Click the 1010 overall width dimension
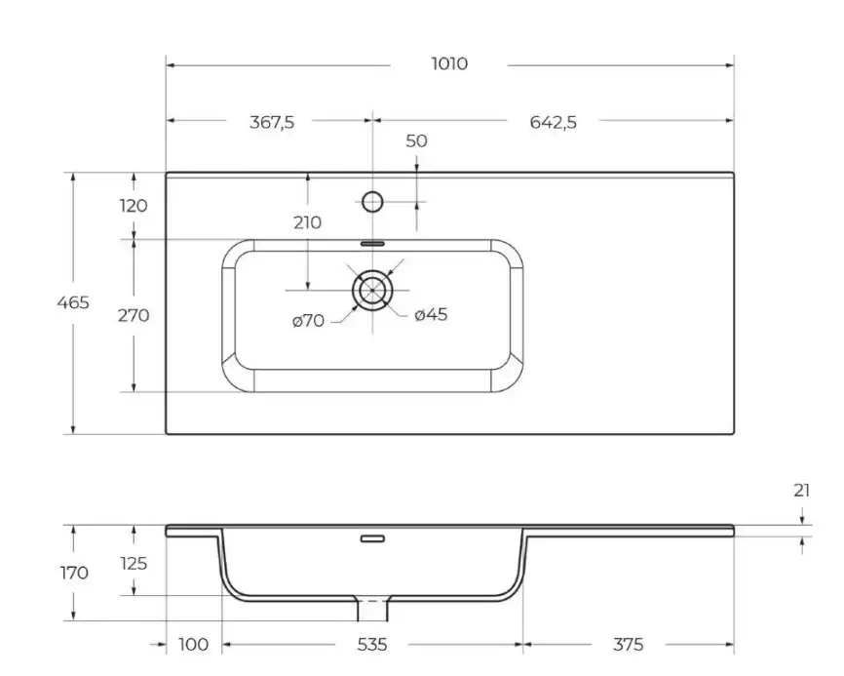449,64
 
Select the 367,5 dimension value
273,122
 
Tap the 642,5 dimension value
553,122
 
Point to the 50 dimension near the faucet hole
416,140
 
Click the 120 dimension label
134,206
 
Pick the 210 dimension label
307,222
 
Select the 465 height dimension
72,302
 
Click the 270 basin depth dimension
134,315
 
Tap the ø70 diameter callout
308,320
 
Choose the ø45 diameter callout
430,314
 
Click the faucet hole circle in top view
372,202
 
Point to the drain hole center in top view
372,290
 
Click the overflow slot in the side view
372,537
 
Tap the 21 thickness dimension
801,491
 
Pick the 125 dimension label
134,563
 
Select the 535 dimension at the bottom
372,645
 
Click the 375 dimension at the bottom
628,645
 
